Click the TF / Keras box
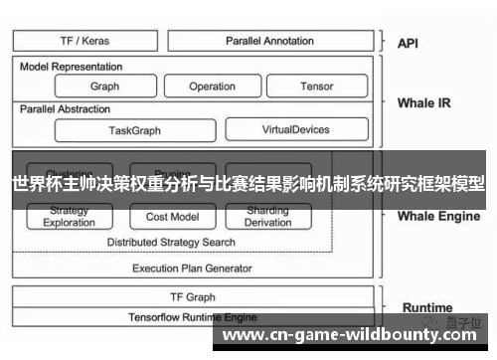[84, 41]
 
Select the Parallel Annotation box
[268, 41]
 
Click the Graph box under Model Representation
[104, 87]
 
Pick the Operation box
[212, 87]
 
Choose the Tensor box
[316, 87]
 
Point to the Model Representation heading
[72, 67]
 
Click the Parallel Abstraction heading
[65, 108]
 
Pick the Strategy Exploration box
[70, 217]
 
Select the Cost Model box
[172, 217]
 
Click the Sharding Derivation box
[268, 217]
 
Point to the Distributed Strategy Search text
[171, 242]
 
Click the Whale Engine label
[438, 215]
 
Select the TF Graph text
[193, 296]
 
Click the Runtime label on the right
[427, 307]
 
